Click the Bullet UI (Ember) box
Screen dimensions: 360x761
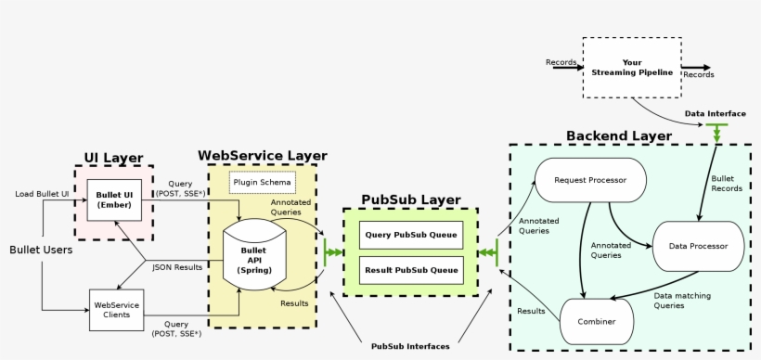(114, 199)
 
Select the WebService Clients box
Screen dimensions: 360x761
(117, 310)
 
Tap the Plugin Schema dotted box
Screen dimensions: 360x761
(261, 182)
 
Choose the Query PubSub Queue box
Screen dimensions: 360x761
(410, 235)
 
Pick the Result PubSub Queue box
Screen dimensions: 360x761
(410, 270)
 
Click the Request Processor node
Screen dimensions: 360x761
(589, 179)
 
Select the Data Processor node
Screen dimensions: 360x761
(698, 246)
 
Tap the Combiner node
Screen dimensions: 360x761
(596, 320)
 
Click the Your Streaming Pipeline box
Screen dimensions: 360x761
(631, 68)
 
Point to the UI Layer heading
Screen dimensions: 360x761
(113, 158)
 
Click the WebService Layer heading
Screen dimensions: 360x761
(262, 155)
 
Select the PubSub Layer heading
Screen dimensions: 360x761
(410, 199)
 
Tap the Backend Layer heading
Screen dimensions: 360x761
(618, 135)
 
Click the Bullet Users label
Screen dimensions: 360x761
(41, 250)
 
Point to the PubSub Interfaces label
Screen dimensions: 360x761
(410, 346)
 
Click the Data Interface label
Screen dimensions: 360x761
(715, 113)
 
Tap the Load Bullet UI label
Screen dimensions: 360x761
(42, 194)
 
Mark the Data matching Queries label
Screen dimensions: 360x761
(682, 300)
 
